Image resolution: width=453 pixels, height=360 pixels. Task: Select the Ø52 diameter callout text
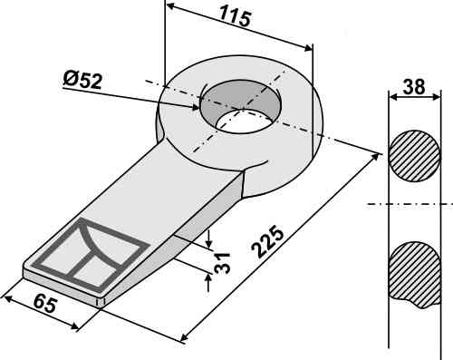point(83,80)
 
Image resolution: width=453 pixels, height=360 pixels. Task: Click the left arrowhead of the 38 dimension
point(391,94)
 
